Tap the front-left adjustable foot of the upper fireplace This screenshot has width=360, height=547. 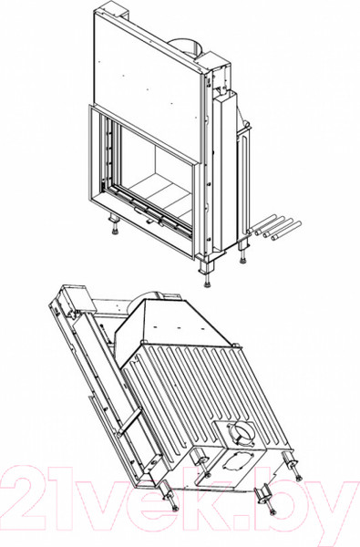click(x=114, y=224)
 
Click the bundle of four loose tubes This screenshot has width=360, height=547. click(x=273, y=228)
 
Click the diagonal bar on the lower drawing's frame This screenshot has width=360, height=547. click(x=130, y=421)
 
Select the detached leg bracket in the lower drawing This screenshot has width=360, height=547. click(x=264, y=494)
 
